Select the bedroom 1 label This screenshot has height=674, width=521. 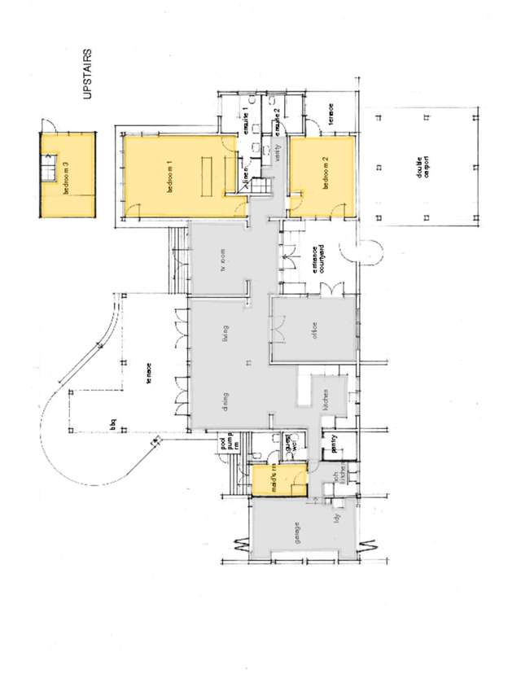[x=170, y=176]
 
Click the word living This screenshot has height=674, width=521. [x=225, y=334]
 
